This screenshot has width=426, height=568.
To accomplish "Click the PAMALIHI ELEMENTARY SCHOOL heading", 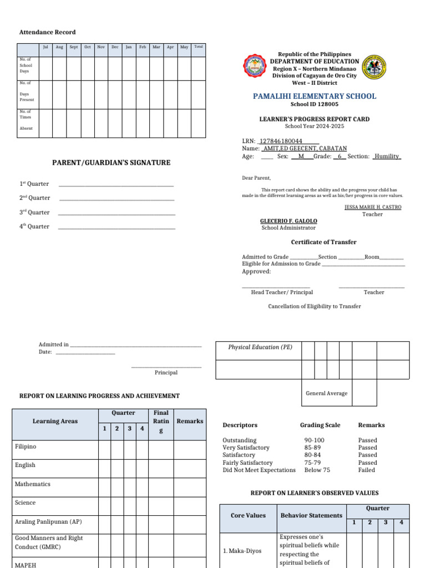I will click(x=315, y=96).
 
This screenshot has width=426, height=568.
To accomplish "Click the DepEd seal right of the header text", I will click(x=374, y=68).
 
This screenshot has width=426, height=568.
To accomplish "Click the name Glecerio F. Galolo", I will click(x=288, y=221).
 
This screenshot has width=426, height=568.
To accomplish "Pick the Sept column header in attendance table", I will click(x=73, y=47).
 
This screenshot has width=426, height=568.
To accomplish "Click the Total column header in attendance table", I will click(x=199, y=47).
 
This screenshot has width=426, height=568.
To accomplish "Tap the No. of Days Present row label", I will click(x=26, y=92).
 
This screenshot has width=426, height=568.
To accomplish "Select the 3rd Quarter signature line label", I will click(x=34, y=212).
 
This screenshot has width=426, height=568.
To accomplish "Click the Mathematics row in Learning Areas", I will click(x=33, y=484).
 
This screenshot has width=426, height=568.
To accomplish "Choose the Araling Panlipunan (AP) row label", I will click(x=48, y=521).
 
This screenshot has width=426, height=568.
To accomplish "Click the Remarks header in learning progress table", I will click(x=190, y=421).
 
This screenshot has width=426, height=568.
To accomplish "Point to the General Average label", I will click(x=327, y=393).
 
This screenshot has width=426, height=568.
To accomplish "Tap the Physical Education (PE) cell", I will click(x=260, y=347).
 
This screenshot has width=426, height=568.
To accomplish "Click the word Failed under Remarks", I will click(x=367, y=470).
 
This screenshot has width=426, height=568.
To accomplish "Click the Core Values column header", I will click(x=248, y=515).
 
